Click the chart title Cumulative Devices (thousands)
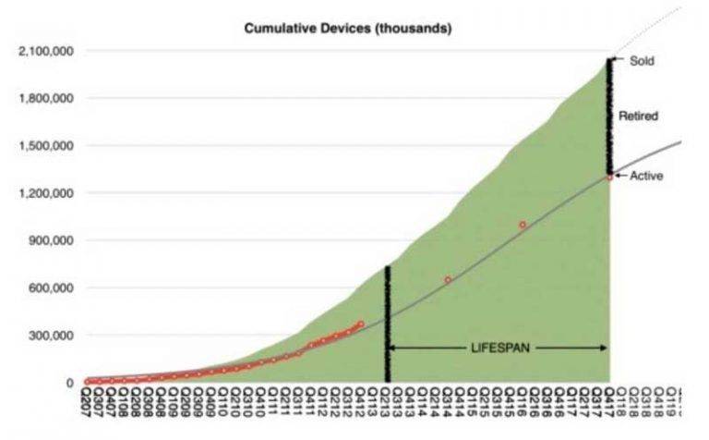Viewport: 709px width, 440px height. click(x=347, y=29)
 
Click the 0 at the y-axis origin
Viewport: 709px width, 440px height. click(x=69, y=383)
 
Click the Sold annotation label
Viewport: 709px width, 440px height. click(x=642, y=61)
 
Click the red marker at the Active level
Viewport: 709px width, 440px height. click(x=609, y=177)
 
